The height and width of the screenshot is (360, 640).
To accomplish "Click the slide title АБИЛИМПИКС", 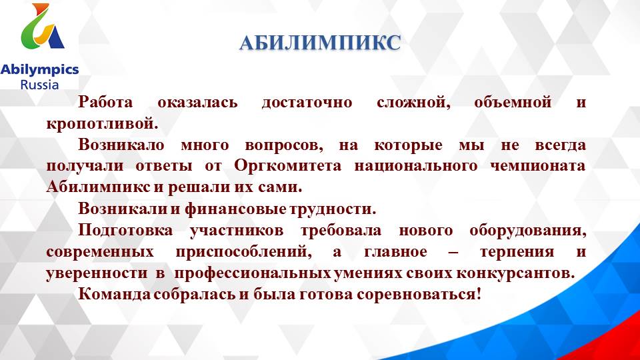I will pos(320,43).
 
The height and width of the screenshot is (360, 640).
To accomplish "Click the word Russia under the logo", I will pos(39,85).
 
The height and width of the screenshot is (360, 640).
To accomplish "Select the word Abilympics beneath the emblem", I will pos(39,70).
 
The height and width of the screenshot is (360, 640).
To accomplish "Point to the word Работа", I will pos(105,103).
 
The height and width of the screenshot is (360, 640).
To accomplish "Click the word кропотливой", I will pos(103,124).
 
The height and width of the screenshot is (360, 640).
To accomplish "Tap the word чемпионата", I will pos(546,165).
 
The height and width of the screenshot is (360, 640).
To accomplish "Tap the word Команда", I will pos(113,294).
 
